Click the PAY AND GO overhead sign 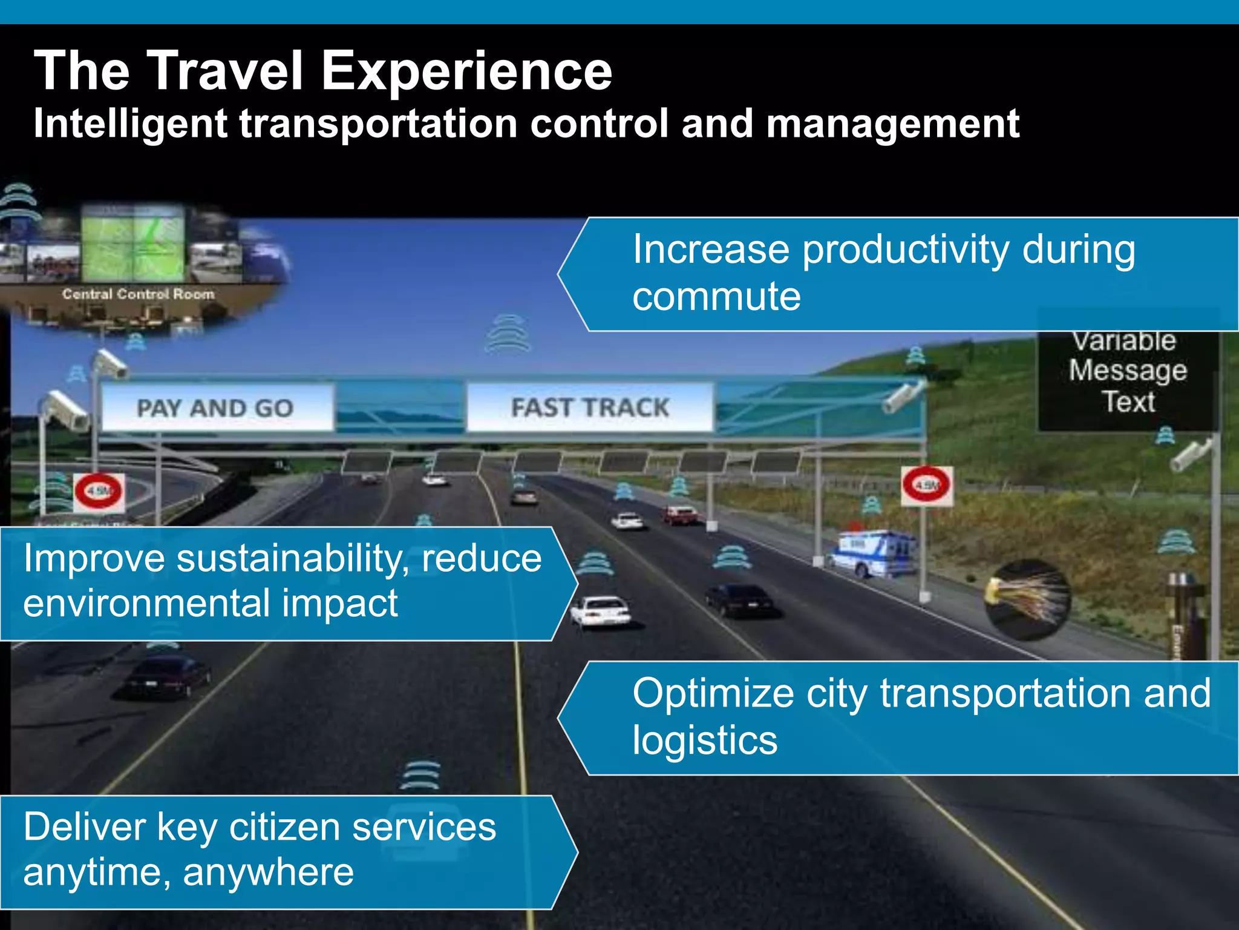[x=216, y=407]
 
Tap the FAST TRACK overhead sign [x=590, y=407]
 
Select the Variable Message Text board [x=1128, y=371]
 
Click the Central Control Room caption [x=138, y=294]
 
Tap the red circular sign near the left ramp [x=99, y=491]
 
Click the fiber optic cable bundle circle [x=1028, y=599]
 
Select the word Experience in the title [x=466, y=71]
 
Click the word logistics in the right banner [x=705, y=740]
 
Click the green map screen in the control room [x=133, y=242]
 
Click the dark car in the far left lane [x=166, y=676]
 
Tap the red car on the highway [x=679, y=515]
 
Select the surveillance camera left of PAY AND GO [x=65, y=409]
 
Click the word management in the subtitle [x=892, y=124]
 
